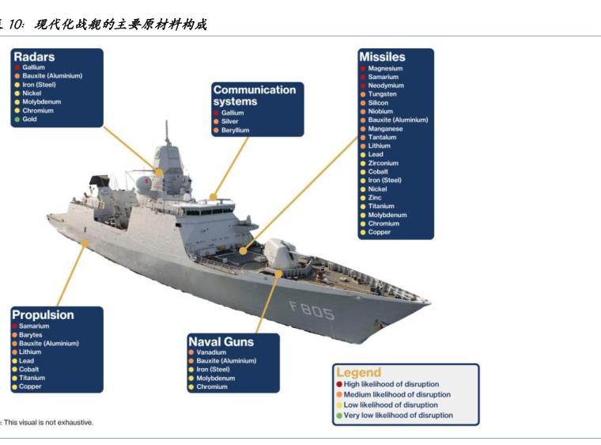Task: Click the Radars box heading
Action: click(x=34, y=57)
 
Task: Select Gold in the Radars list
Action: click(x=29, y=119)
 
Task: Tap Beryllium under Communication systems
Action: click(x=235, y=130)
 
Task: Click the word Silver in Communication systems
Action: click(x=229, y=121)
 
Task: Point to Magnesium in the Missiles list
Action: click(x=385, y=68)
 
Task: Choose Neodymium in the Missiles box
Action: click(x=386, y=86)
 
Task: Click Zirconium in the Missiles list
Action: click(x=383, y=163)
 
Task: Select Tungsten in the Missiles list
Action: click(x=382, y=94)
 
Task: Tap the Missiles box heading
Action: click(x=382, y=57)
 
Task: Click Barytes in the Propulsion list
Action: click(x=31, y=335)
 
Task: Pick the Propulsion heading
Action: click(x=43, y=315)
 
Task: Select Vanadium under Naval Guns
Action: click(x=211, y=352)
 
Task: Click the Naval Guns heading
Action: click(x=221, y=342)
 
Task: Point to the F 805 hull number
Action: click(x=312, y=310)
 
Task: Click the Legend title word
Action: click(x=359, y=372)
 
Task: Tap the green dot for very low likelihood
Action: click(x=339, y=416)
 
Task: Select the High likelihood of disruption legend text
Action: click(x=391, y=384)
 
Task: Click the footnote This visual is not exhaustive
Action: click(x=48, y=422)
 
